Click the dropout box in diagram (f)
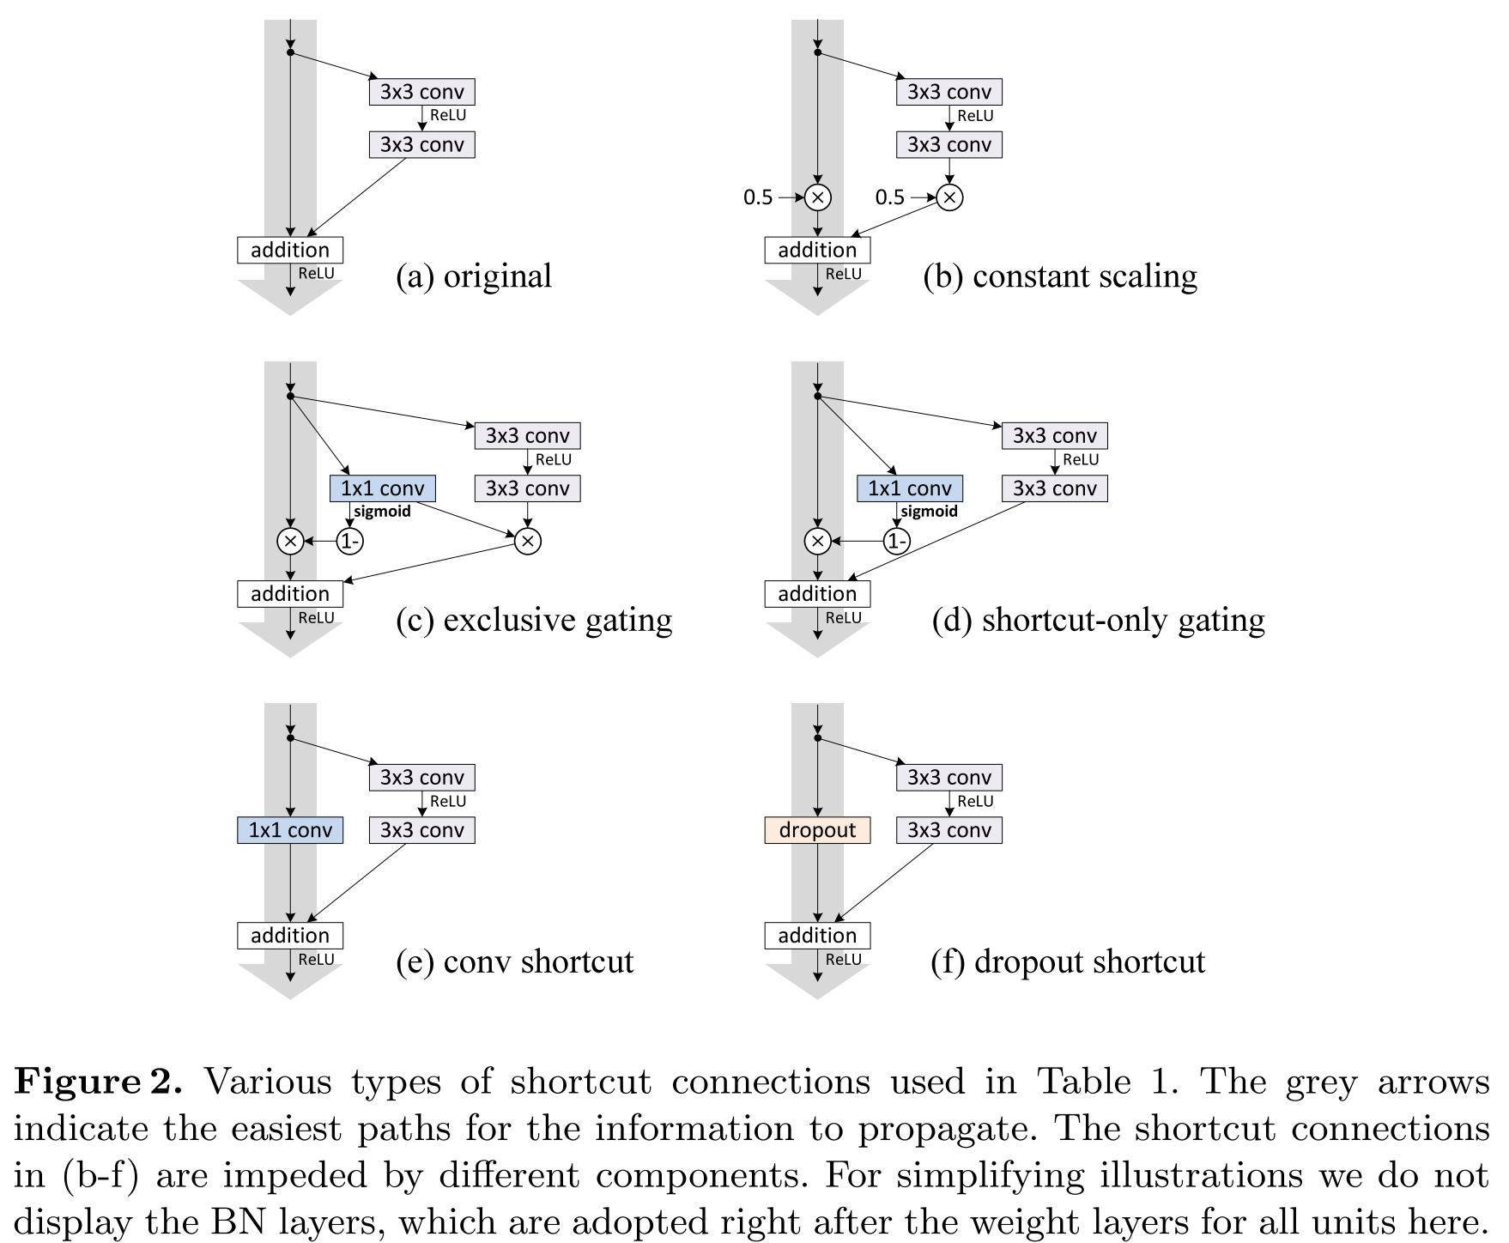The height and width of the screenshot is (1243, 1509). pos(817,830)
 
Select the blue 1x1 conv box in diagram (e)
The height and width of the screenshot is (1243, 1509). pos(290,830)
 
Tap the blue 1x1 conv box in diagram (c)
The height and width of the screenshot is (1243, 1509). pos(383,488)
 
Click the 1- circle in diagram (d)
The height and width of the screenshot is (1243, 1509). pos(897,541)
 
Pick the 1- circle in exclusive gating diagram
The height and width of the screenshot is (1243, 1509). pos(349,541)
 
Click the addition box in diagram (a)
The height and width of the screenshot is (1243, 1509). pos(290,250)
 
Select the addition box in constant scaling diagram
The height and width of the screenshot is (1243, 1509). pos(817,250)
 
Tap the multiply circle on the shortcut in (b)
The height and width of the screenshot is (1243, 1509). pos(818,197)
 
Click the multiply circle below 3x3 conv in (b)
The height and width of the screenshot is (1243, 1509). pos(949,197)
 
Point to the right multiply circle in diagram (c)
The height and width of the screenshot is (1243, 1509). pos(528,541)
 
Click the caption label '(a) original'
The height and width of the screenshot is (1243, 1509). pos(474,276)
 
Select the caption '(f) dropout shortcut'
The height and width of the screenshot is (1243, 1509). pos(1068,961)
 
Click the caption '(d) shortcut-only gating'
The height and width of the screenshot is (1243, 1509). pos(1099,620)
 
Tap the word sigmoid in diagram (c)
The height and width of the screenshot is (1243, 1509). pos(383,512)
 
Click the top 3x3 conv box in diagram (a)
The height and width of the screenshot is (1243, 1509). pos(422,92)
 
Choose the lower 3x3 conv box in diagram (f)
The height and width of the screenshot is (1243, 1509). pos(949,830)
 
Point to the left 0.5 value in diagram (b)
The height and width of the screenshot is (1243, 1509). pos(758,197)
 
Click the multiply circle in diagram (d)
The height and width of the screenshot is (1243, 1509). pos(818,541)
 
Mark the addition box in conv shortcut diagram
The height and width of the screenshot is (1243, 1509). pos(290,936)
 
